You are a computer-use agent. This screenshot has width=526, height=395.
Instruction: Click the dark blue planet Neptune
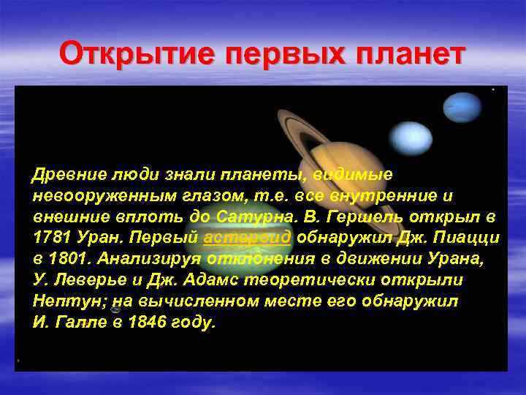[463, 108]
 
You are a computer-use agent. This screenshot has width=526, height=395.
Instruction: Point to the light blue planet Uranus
[411, 138]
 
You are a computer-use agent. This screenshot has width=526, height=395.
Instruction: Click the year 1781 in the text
[49, 238]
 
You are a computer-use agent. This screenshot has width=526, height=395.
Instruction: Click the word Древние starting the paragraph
[62, 176]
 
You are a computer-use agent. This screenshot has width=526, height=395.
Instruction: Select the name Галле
[74, 323]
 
